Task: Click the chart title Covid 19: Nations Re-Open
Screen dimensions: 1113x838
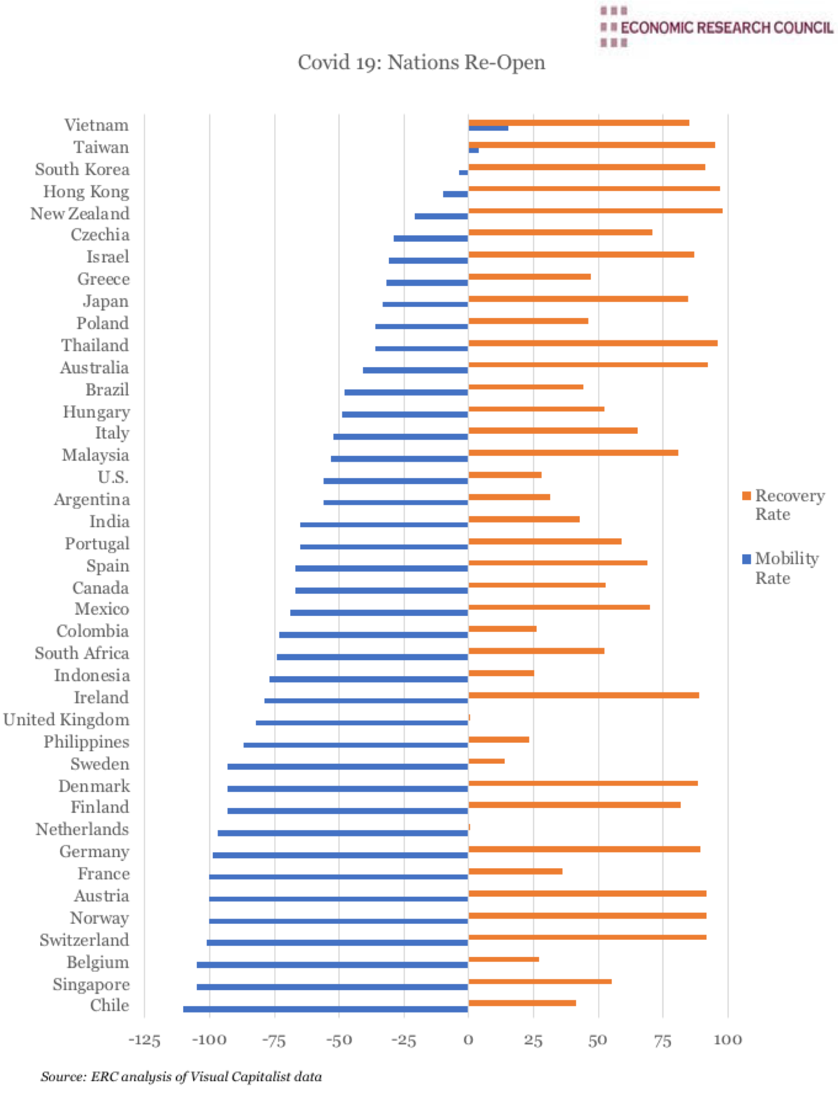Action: point(421,62)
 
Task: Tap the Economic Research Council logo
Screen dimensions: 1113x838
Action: point(716,27)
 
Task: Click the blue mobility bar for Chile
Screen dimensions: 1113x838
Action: point(325,1009)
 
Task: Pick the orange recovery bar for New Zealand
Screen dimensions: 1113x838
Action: point(595,210)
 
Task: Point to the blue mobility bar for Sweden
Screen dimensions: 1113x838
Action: point(347,767)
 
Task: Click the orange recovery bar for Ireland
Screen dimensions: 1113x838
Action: point(583,695)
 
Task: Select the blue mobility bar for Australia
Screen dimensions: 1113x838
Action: point(415,370)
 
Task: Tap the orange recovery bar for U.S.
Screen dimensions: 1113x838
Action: point(505,475)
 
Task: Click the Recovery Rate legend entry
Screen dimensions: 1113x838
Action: point(783,504)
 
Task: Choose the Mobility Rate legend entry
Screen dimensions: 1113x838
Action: point(781,567)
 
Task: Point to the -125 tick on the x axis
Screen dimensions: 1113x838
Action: point(144,1040)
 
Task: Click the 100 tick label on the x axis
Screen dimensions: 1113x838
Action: point(727,1040)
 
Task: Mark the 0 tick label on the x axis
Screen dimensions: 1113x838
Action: point(468,1040)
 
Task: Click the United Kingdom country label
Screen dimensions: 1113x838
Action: point(66,720)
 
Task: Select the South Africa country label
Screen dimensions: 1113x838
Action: point(82,653)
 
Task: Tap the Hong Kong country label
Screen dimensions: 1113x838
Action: point(86,192)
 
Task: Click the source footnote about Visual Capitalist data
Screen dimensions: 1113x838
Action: point(181,1076)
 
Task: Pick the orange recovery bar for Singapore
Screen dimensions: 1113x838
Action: point(540,981)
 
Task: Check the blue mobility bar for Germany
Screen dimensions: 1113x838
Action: point(340,855)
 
